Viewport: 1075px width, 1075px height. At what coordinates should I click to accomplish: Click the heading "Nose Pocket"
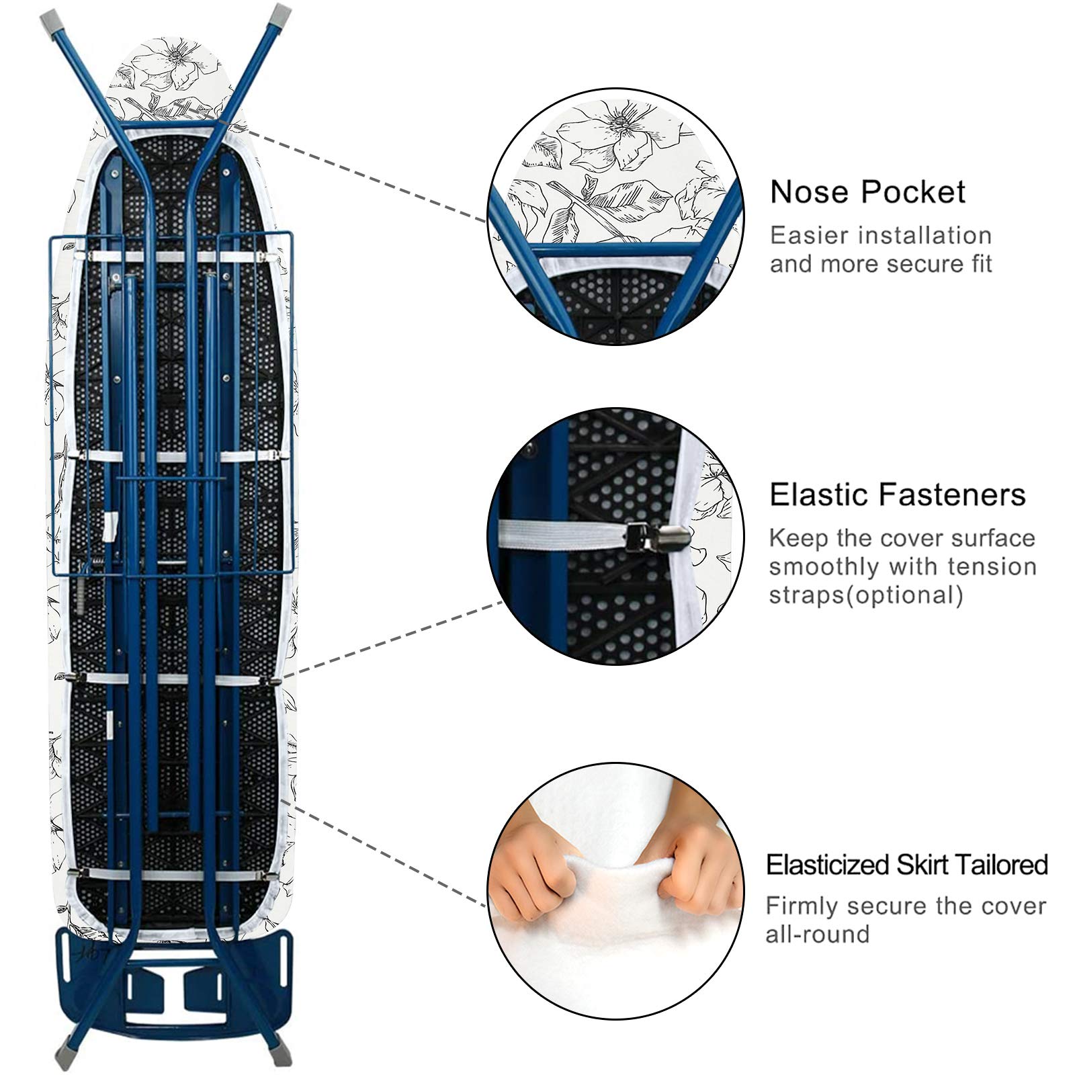coord(867,192)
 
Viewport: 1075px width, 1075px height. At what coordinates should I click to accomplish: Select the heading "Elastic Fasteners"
coord(898,495)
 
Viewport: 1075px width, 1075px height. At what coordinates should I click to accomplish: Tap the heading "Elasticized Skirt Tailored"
coord(907,865)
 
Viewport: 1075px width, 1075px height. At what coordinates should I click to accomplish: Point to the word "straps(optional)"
coord(866,595)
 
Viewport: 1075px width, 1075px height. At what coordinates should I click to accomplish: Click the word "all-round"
coord(818,934)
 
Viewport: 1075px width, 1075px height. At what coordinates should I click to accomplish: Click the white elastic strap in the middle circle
coord(560,535)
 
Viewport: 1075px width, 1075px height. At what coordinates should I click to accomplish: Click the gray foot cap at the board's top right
coord(281,13)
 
